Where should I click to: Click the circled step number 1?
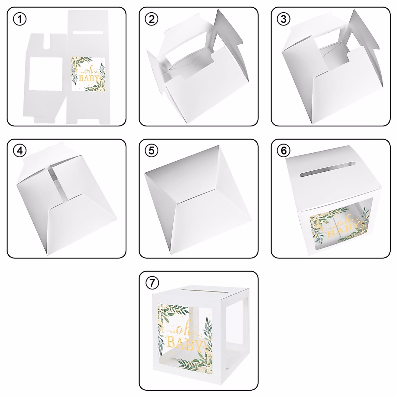click(x=20, y=19)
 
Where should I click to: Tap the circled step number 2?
click(x=152, y=19)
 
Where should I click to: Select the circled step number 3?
click(x=284, y=19)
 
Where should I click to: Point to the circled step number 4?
click(x=20, y=151)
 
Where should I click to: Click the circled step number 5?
click(x=152, y=151)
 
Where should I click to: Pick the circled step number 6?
click(x=284, y=151)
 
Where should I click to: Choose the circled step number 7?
click(x=152, y=283)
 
